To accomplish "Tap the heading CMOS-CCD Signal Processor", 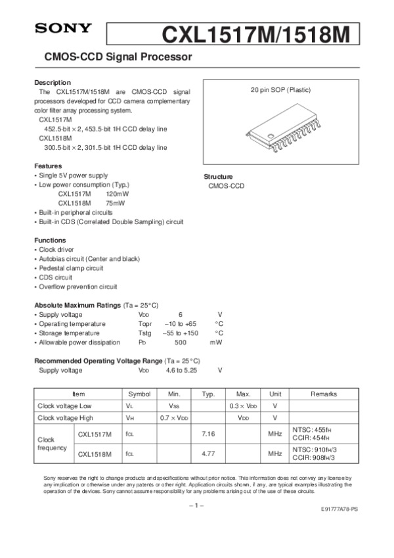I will click(x=118, y=57).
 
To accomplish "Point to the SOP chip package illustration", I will click(x=278, y=133).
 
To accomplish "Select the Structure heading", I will click(x=218, y=177).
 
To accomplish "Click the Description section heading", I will click(x=53, y=82).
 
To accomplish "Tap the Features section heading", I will click(x=48, y=166).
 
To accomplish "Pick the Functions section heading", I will click(x=50, y=241).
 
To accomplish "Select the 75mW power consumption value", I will click(x=115, y=204).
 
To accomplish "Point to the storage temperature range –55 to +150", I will click(x=180, y=333).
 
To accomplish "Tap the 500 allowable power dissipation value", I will click(x=181, y=342).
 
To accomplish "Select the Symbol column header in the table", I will click(x=139, y=394).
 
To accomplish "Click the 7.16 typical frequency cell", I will click(x=208, y=434).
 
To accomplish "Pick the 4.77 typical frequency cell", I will click(x=208, y=453).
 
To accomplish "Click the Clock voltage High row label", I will click(x=65, y=418).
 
